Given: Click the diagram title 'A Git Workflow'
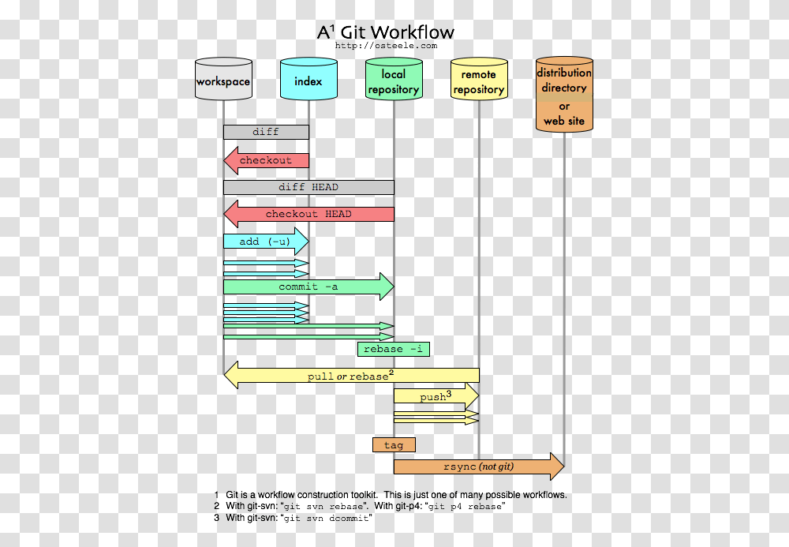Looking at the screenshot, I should pos(386,32).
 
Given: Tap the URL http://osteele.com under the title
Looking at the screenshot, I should pos(386,46).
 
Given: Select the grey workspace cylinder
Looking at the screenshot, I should pos(223,81).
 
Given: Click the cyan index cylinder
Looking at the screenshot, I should pos(308,81).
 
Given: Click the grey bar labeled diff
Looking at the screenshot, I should pos(266,132).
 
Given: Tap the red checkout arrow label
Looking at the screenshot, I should pos(266,160).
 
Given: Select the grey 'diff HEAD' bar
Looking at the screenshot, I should pos(308,187).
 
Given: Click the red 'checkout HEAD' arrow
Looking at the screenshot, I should pos(308,214).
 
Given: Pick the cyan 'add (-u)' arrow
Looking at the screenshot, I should pos(264,242).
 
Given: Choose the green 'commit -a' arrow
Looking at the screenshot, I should pos(308,287).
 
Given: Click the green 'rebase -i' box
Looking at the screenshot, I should pos(394,349).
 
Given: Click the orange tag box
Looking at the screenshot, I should pos(394,445).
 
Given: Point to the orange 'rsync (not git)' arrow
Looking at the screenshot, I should pos(478,466).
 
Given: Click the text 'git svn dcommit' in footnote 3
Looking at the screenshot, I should pos(327,519).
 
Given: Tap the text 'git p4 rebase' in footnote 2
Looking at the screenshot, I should pos(466,507).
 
